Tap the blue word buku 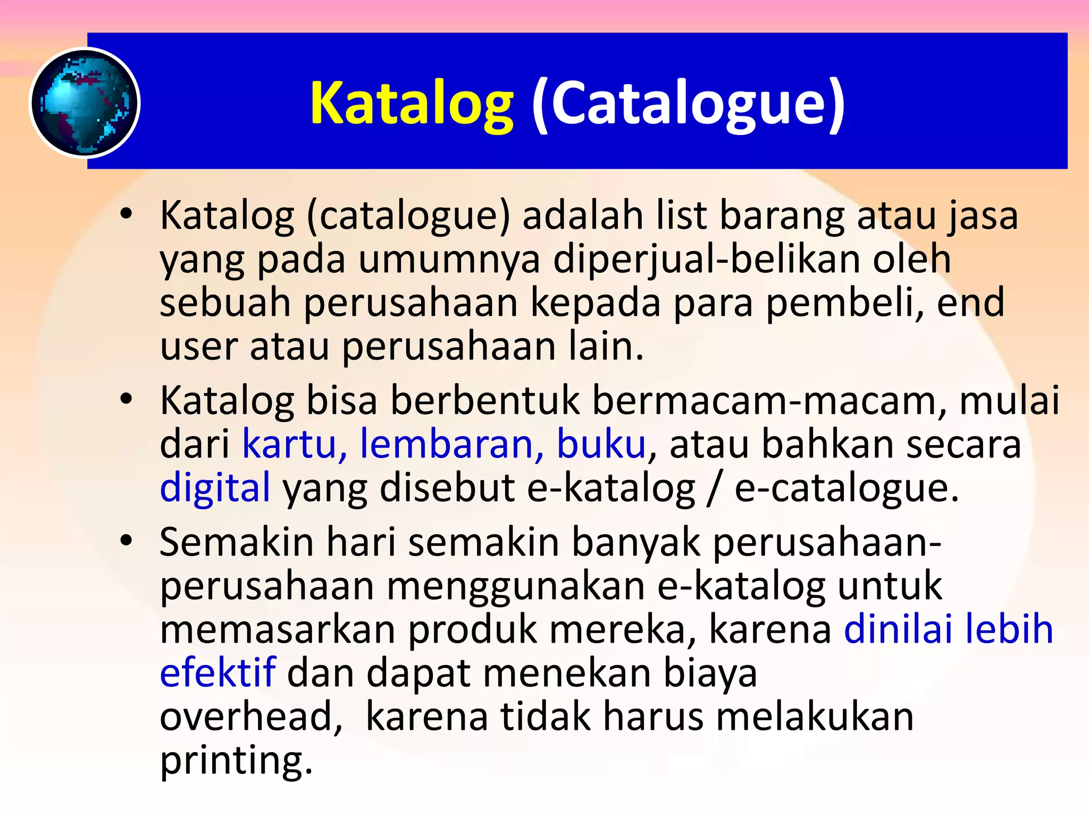(601, 444)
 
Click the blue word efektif (217, 672)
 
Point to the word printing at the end (236, 761)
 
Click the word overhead (251, 716)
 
